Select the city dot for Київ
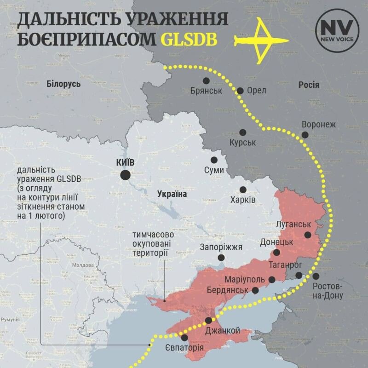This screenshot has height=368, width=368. click(x=125, y=175)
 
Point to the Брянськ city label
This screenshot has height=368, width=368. click(x=206, y=91)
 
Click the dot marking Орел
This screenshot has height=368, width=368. click(x=240, y=91)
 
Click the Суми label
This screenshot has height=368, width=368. click(x=214, y=170)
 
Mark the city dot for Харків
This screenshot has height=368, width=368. click(x=243, y=190)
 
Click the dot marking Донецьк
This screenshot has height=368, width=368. click(x=276, y=253)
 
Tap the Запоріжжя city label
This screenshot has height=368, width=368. click(x=221, y=247)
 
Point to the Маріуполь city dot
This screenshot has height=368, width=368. click(x=272, y=279)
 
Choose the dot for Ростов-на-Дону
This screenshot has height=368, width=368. click(x=316, y=276)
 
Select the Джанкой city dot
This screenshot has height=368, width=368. click(x=208, y=321)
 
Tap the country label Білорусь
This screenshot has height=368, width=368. click(x=63, y=84)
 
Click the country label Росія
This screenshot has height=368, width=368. click(x=309, y=85)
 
